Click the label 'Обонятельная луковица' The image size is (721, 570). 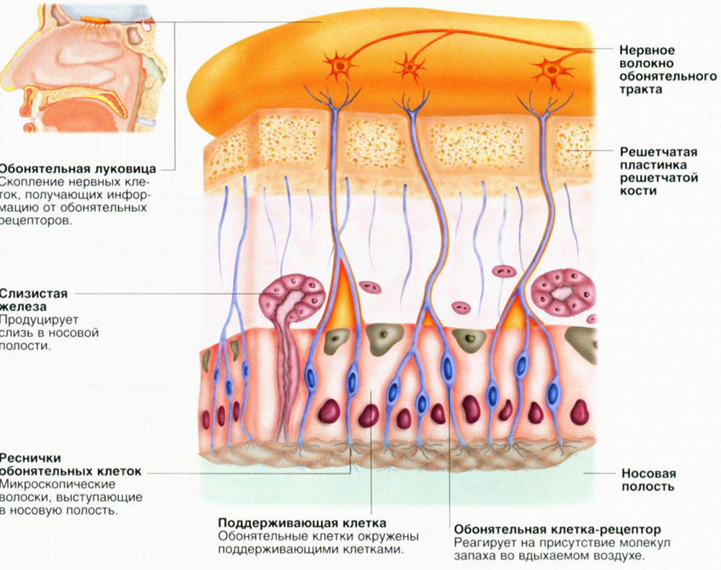tap(77, 169)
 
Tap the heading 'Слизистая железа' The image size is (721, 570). tap(33, 300)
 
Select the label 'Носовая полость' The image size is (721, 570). tap(648, 480)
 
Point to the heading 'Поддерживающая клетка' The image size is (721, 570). tap(302, 523)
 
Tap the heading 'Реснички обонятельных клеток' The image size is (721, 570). tap(71, 465)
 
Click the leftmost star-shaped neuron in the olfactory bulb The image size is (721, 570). tap(340, 66)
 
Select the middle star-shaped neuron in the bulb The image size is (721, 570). tap(409, 67)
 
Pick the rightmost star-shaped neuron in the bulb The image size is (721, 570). tap(553, 70)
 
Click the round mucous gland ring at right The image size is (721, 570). tap(563, 292)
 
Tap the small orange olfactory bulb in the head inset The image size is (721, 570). tap(94, 19)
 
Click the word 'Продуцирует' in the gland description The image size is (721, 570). tap(40, 319)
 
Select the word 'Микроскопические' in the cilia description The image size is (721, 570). tap(58, 484)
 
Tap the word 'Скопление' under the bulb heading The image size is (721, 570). tap(33, 182)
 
